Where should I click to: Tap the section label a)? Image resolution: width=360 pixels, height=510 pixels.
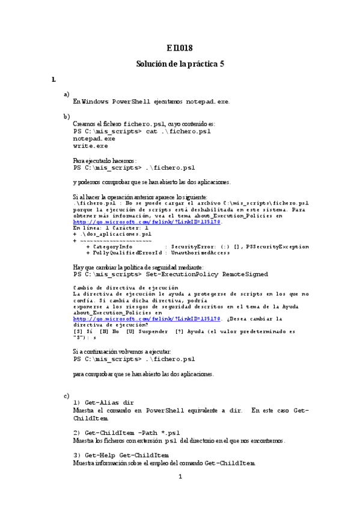[x=66, y=94]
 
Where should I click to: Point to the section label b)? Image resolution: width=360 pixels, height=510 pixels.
[x=66, y=115]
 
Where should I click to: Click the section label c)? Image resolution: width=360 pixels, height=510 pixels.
[x=66, y=395]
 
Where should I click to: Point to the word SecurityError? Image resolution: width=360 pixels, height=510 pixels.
[x=191, y=247]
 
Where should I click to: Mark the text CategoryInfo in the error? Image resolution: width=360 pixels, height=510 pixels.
[x=112, y=247]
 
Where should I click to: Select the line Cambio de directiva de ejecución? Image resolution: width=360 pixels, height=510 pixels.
[x=121, y=289]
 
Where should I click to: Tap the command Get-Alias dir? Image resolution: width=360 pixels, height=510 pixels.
[x=108, y=402]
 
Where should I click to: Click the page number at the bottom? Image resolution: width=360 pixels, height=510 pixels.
[x=180, y=478]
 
